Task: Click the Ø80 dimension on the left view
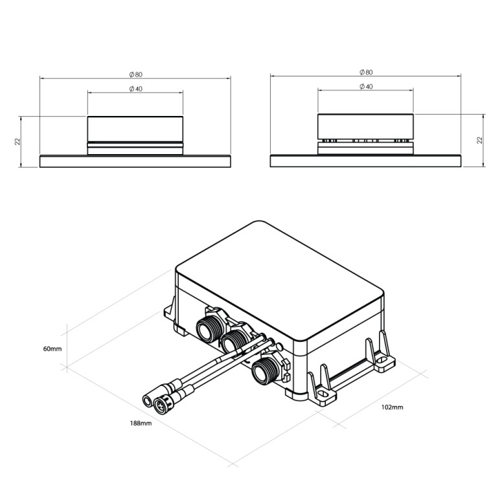point(135,73)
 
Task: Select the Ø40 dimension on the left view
point(135,88)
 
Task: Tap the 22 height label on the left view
point(17,142)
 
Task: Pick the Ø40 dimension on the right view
point(365,86)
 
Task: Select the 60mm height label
point(52,348)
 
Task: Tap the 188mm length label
point(141,423)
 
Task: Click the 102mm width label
point(392,407)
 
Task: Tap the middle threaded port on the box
point(231,342)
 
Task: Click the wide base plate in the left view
point(135,161)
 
